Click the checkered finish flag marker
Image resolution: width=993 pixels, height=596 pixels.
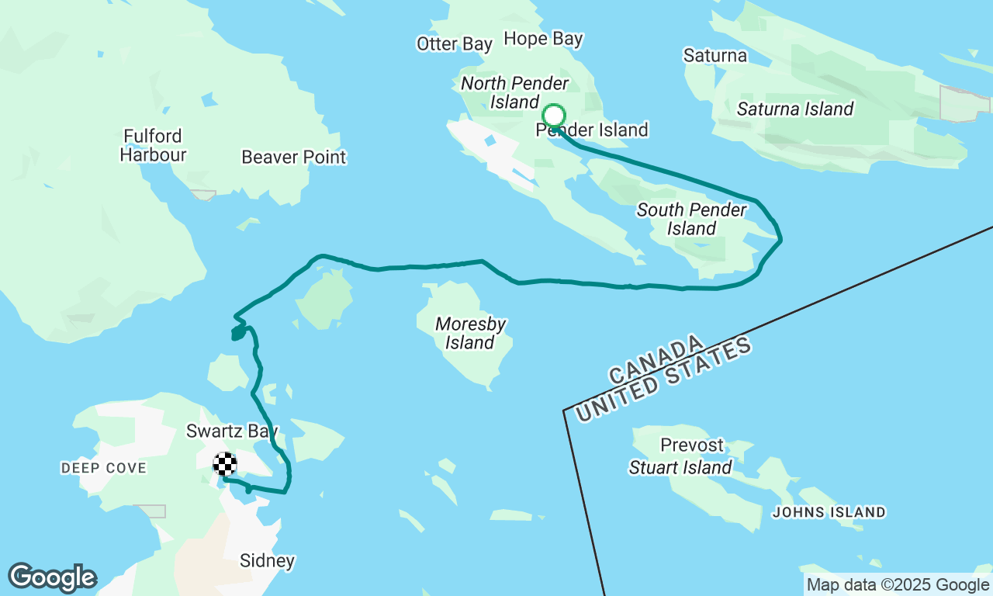pyautogui.click(x=225, y=464)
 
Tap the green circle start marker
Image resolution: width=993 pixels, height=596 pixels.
pyautogui.click(x=553, y=116)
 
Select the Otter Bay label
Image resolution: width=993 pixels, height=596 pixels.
pyautogui.click(x=455, y=43)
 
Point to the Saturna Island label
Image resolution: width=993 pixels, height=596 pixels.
pyautogui.click(x=795, y=109)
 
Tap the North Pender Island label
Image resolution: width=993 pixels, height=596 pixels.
pyautogui.click(x=514, y=92)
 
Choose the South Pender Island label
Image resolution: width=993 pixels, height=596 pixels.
pyautogui.click(x=691, y=219)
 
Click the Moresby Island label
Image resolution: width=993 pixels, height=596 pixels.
pyautogui.click(x=470, y=333)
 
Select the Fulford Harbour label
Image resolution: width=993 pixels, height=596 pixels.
pyautogui.click(x=153, y=146)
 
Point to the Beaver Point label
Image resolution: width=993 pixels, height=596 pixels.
pyautogui.click(x=294, y=158)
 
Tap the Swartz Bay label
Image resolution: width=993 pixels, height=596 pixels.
pyautogui.click(x=232, y=431)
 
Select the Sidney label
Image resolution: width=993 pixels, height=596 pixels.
pyautogui.click(x=268, y=560)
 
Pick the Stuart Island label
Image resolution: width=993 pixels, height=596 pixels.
pyautogui.click(x=680, y=468)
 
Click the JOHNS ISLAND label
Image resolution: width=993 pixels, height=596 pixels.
pyautogui.click(x=829, y=512)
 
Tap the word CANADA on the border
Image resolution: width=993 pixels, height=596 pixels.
pyautogui.click(x=657, y=360)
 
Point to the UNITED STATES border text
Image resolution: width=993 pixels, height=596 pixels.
pyautogui.click(x=664, y=380)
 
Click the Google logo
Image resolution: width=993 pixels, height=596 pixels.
pyautogui.click(x=52, y=578)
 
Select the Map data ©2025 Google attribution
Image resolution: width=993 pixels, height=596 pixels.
pyautogui.click(x=898, y=585)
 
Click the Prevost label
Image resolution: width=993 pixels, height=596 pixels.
pyautogui.click(x=692, y=445)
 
